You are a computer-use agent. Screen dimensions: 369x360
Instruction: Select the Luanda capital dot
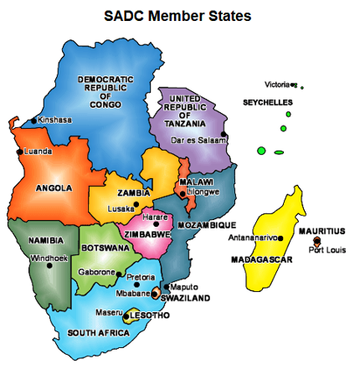(x=20, y=151)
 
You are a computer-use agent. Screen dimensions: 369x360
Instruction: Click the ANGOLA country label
(x=54, y=188)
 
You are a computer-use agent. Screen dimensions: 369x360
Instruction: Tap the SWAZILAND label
(x=185, y=297)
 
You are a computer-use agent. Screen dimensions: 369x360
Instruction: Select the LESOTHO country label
(x=152, y=315)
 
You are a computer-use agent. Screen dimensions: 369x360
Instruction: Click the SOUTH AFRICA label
(x=99, y=332)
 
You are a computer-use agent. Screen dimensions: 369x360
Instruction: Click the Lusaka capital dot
(x=136, y=204)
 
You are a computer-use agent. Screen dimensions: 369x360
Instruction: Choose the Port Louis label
(x=326, y=249)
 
